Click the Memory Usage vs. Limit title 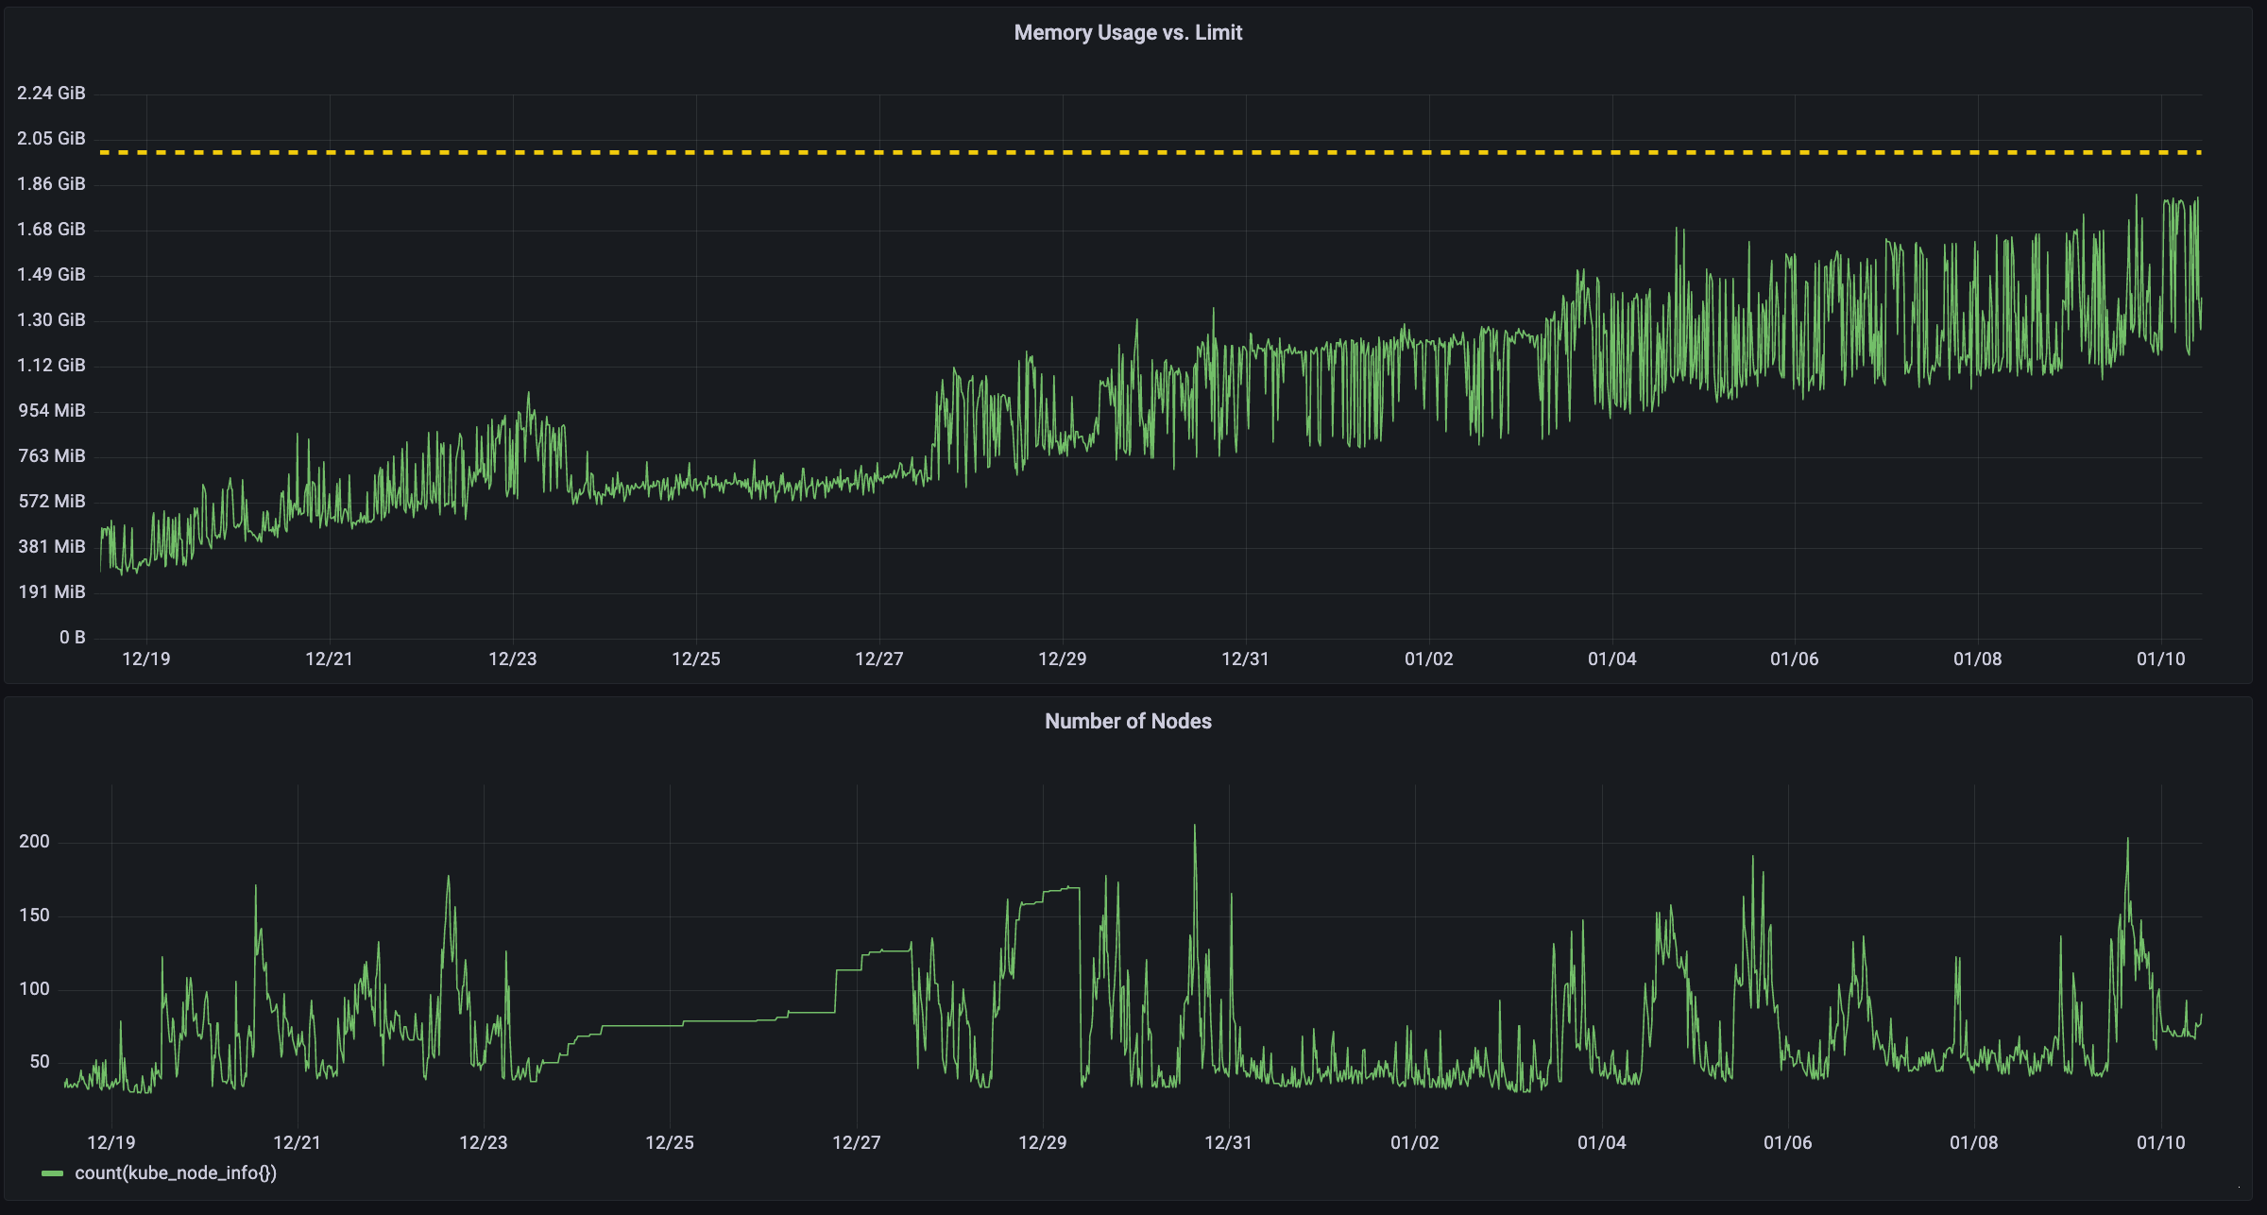(x=1128, y=33)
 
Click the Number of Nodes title (x=1128, y=722)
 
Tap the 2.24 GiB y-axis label (x=51, y=93)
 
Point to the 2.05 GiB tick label (x=51, y=138)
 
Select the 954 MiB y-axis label (x=51, y=410)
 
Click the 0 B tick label (x=72, y=637)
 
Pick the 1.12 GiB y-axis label (x=51, y=365)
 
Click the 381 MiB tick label (x=51, y=546)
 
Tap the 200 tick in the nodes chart (x=34, y=842)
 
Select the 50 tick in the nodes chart (x=39, y=1062)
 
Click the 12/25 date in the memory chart (x=696, y=659)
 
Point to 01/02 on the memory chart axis (x=1428, y=659)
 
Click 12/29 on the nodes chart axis (x=1043, y=1142)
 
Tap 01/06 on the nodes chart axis (x=1788, y=1142)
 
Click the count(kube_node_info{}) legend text (x=176, y=1172)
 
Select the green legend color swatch (x=52, y=1173)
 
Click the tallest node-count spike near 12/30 (x=1195, y=827)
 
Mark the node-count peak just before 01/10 (x=2127, y=840)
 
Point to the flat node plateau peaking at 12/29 (x=1063, y=888)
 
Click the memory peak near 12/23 (x=528, y=394)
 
